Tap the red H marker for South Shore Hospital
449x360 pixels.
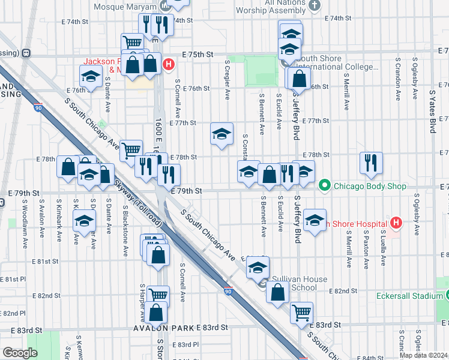coord(395,224)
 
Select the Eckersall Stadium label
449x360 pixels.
coord(411,296)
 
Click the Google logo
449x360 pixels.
coord(20,353)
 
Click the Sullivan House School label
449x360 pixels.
coord(300,283)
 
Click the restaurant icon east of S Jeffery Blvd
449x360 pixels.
coord(372,161)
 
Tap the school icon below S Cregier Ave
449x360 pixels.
coord(221,134)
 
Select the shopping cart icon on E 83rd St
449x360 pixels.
coord(301,312)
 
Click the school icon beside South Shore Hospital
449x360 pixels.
coord(315,220)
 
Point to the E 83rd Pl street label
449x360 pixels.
coord(184,344)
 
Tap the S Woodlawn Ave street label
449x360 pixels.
coord(24,220)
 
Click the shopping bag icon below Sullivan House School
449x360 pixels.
coord(277,293)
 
